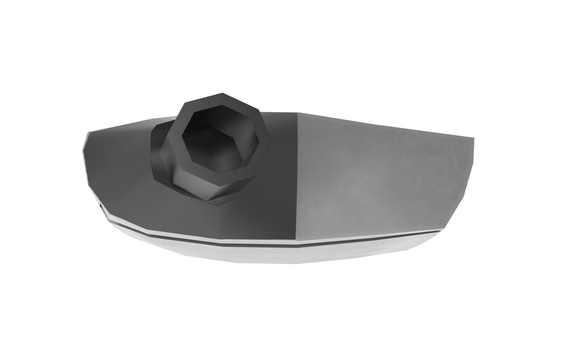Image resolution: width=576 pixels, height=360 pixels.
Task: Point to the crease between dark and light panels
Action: tap(296, 177)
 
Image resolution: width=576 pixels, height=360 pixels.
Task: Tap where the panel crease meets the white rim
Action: tap(296, 241)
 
